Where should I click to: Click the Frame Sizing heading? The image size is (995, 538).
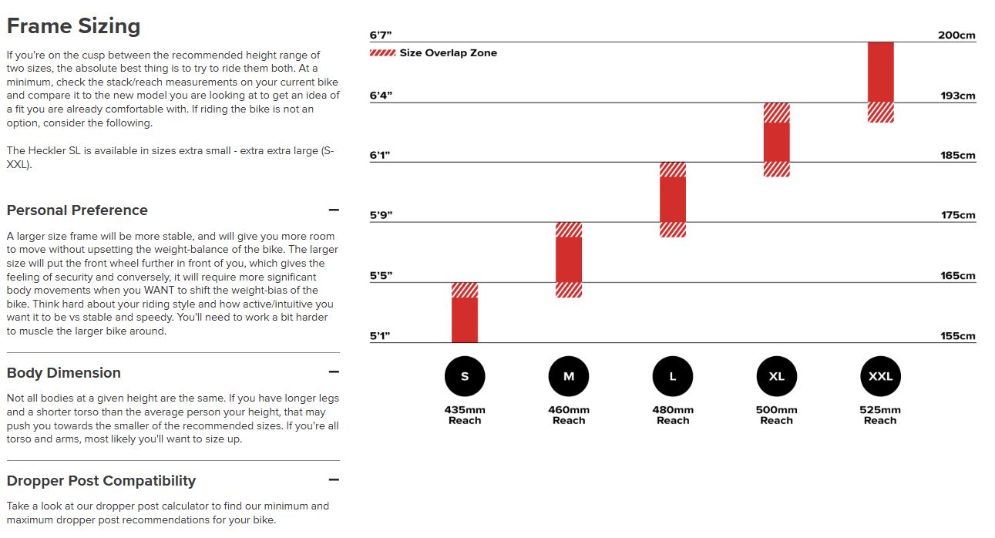(x=73, y=26)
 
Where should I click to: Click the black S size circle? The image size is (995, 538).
(x=465, y=376)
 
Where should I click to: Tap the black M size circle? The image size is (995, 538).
(x=569, y=376)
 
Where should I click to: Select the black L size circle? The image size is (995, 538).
(x=673, y=376)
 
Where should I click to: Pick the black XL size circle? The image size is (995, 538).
(x=777, y=376)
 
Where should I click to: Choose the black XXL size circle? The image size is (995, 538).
(x=880, y=376)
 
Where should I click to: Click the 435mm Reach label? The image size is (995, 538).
(x=465, y=415)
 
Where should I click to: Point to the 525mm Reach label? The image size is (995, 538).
(x=880, y=415)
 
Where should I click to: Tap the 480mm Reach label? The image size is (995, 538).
(x=673, y=415)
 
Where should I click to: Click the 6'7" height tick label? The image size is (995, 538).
(x=382, y=35)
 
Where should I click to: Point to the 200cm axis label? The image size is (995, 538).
(x=956, y=35)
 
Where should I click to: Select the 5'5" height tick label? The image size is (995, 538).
(x=382, y=276)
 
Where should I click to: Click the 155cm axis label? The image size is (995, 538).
(x=958, y=336)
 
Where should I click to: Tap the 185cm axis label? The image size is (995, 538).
(x=958, y=156)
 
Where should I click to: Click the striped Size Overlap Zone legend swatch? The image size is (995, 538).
(x=382, y=53)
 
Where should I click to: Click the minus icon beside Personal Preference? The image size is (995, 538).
(x=334, y=210)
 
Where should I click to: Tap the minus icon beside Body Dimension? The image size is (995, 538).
(x=334, y=372)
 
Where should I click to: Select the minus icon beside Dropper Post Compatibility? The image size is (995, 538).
(x=334, y=480)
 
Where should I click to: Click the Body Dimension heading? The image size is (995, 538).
(x=64, y=373)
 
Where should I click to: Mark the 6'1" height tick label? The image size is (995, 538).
(x=381, y=156)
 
